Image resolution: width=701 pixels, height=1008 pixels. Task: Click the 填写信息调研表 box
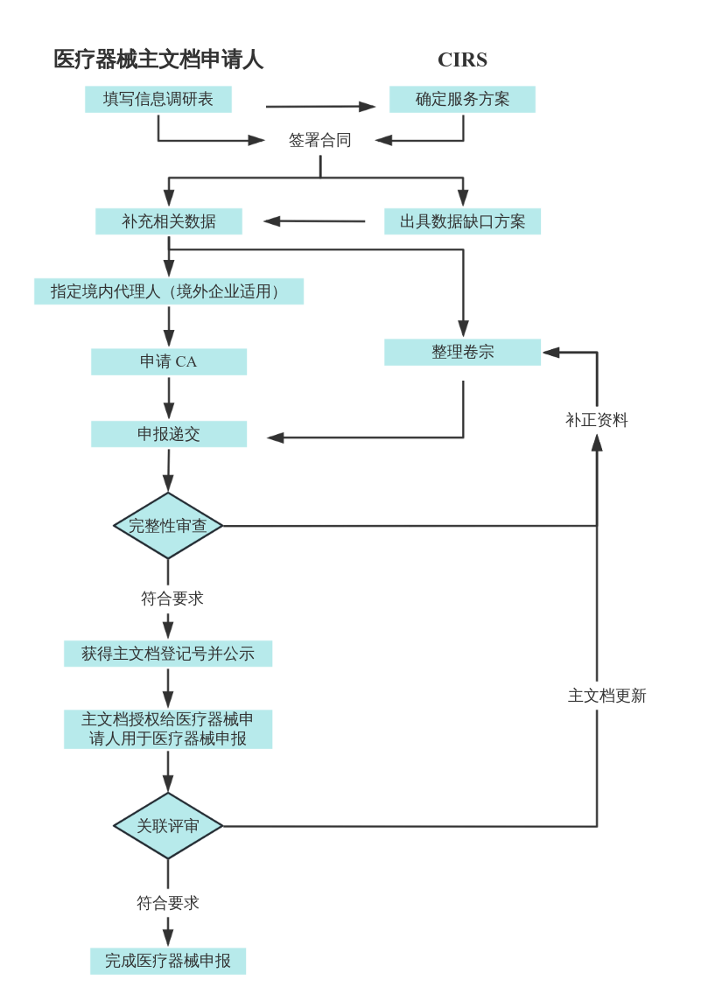(x=158, y=99)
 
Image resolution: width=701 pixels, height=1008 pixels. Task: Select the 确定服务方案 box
(x=462, y=99)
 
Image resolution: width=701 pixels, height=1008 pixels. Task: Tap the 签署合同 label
(x=320, y=140)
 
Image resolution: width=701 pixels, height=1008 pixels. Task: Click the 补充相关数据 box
(x=169, y=221)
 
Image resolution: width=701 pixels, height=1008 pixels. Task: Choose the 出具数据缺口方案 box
(x=462, y=221)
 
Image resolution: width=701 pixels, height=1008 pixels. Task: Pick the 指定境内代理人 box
(x=169, y=291)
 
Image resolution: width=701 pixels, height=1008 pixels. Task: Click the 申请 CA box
(x=169, y=361)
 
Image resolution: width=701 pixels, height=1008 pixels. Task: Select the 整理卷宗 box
(x=462, y=352)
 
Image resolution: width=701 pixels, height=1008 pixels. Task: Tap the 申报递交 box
(x=169, y=434)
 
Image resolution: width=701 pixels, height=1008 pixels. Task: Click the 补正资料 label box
(x=597, y=420)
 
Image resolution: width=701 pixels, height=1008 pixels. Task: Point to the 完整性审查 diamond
(x=168, y=526)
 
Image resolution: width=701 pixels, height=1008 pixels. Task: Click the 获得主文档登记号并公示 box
(x=168, y=654)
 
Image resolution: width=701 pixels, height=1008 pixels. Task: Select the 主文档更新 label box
(x=607, y=696)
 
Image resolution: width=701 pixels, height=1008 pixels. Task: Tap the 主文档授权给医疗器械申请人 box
(x=168, y=729)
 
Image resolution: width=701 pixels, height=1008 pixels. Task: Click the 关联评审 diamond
(x=168, y=826)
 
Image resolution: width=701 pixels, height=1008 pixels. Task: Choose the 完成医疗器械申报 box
(x=168, y=961)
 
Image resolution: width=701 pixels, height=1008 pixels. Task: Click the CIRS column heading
(x=462, y=59)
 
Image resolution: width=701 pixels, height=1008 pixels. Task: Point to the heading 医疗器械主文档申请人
(x=158, y=59)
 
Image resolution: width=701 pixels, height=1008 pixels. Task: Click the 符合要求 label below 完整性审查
(x=172, y=599)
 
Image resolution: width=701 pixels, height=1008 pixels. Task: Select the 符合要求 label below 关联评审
(x=168, y=903)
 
